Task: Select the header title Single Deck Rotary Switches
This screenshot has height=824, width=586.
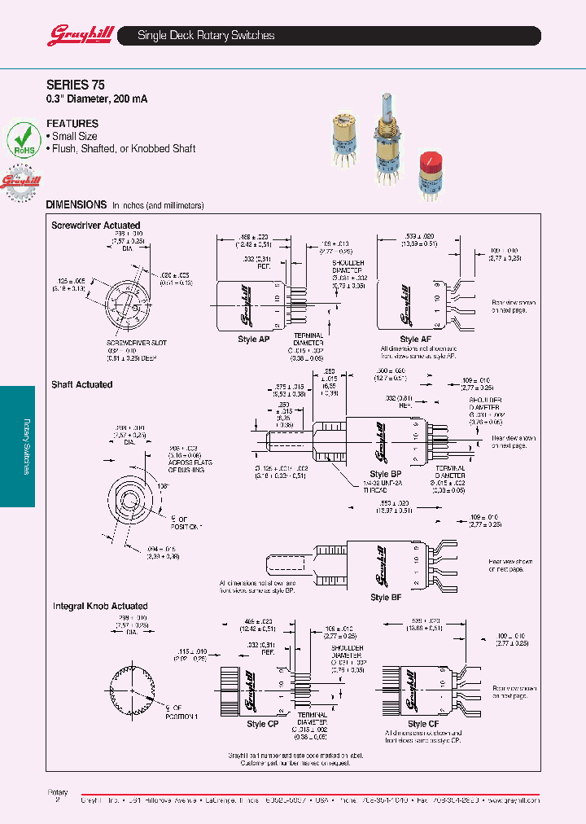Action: [206, 36]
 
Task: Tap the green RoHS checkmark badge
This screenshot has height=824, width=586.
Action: [24, 140]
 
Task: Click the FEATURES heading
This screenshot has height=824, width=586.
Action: [72, 124]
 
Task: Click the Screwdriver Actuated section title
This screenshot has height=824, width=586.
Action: [95, 226]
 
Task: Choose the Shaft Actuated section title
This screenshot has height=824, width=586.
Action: [81, 384]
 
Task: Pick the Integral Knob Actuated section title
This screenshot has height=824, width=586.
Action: [100, 606]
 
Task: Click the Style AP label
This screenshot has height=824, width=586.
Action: [253, 340]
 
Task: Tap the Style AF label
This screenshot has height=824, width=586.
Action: [415, 340]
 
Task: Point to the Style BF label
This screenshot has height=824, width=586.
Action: [379, 597]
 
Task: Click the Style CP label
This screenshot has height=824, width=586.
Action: [262, 724]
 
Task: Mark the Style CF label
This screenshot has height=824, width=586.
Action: [423, 724]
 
